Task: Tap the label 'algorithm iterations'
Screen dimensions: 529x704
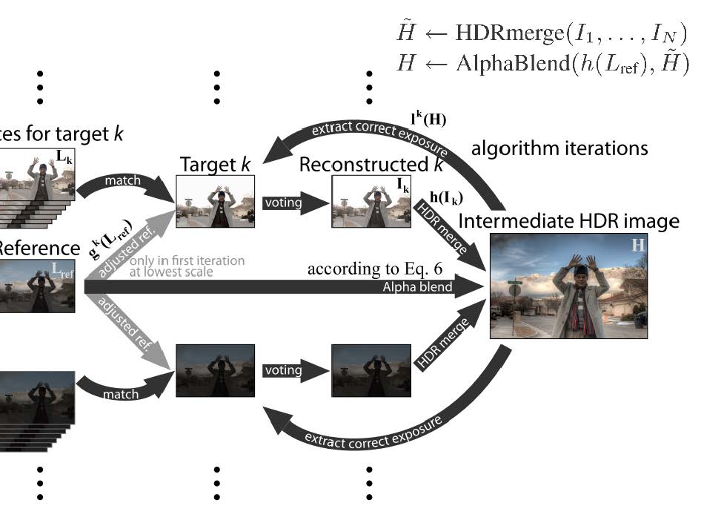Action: (x=559, y=148)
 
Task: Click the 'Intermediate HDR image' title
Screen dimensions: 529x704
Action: (x=569, y=220)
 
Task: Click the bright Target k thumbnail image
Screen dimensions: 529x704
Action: (x=215, y=201)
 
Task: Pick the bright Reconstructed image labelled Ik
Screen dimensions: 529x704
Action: (x=371, y=201)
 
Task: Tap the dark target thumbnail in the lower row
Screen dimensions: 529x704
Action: (x=215, y=370)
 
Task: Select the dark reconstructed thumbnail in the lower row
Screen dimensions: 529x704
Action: (x=371, y=370)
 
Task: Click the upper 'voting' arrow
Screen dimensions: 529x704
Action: (x=285, y=200)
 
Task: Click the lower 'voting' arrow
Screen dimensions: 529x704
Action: (x=285, y=369)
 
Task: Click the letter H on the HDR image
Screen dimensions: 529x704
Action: (x=637, y=245)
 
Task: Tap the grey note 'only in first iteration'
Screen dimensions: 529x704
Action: (x=187, y=261)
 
